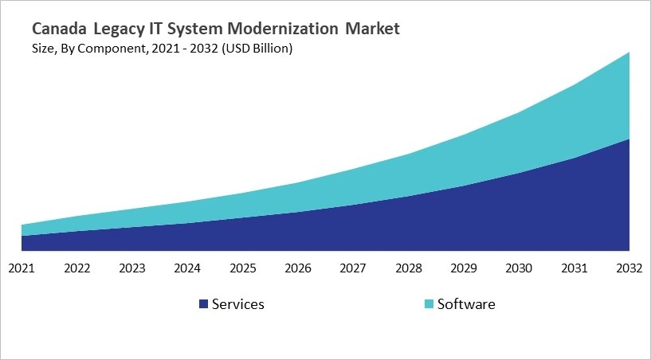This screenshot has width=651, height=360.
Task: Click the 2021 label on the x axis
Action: [22, 268]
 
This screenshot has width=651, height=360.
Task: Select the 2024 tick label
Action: [187, 268]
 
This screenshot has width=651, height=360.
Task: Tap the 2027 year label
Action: [354, 268]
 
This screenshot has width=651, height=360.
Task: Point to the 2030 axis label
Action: [520, 268]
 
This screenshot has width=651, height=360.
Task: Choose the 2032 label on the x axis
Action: [629, 268]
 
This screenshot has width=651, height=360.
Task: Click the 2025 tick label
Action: [243, 268]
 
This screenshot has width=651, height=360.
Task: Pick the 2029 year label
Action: [465, 268]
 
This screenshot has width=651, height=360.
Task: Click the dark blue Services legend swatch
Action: [203, 304]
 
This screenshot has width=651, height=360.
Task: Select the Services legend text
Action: [237, 304]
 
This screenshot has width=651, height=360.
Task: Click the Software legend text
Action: [466, 304]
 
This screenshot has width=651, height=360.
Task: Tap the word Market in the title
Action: [373, 29]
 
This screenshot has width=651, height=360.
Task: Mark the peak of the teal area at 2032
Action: [629, 53]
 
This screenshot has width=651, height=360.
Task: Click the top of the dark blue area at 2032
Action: [629, 139]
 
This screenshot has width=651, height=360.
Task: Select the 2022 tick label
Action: [76, 268]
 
